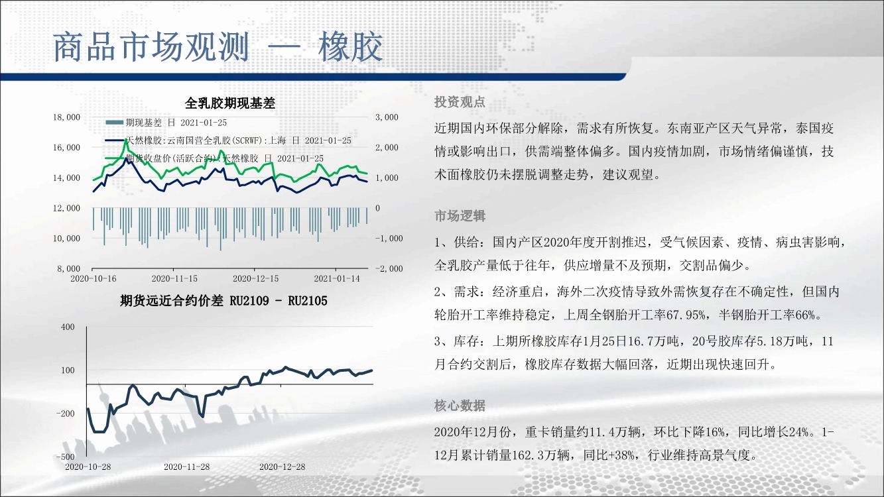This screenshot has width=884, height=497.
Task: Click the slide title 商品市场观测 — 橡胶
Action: (x=218, y=47)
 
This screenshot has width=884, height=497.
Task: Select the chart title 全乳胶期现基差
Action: (x=229, y=103)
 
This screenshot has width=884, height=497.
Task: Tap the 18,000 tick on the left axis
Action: (x=66, y=117)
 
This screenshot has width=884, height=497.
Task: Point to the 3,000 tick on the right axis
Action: (x=387, y=117)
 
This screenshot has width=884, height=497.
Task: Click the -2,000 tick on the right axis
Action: (x=389, y=268)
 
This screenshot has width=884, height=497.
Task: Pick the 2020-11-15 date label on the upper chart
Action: (x=174, y=278)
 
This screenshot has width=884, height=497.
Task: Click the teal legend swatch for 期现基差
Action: (x=115, y=123)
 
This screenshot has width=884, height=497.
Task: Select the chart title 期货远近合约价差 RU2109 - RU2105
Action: (x=223, y=301)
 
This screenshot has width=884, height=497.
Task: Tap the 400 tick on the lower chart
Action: (x=68, y=327)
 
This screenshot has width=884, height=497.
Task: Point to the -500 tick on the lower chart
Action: (x=66, y=457)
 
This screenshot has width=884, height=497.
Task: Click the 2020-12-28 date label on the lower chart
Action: (x=282, y=467)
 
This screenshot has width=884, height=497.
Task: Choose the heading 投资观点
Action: (x=460, y=102)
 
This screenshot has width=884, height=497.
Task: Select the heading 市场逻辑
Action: (x=460, y=216)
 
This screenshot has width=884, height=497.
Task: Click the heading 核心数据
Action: (x=460, y=405)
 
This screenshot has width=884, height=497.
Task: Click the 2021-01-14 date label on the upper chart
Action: (x=337, y=278)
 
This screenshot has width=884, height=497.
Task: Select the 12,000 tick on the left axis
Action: (x=66, y=208)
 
